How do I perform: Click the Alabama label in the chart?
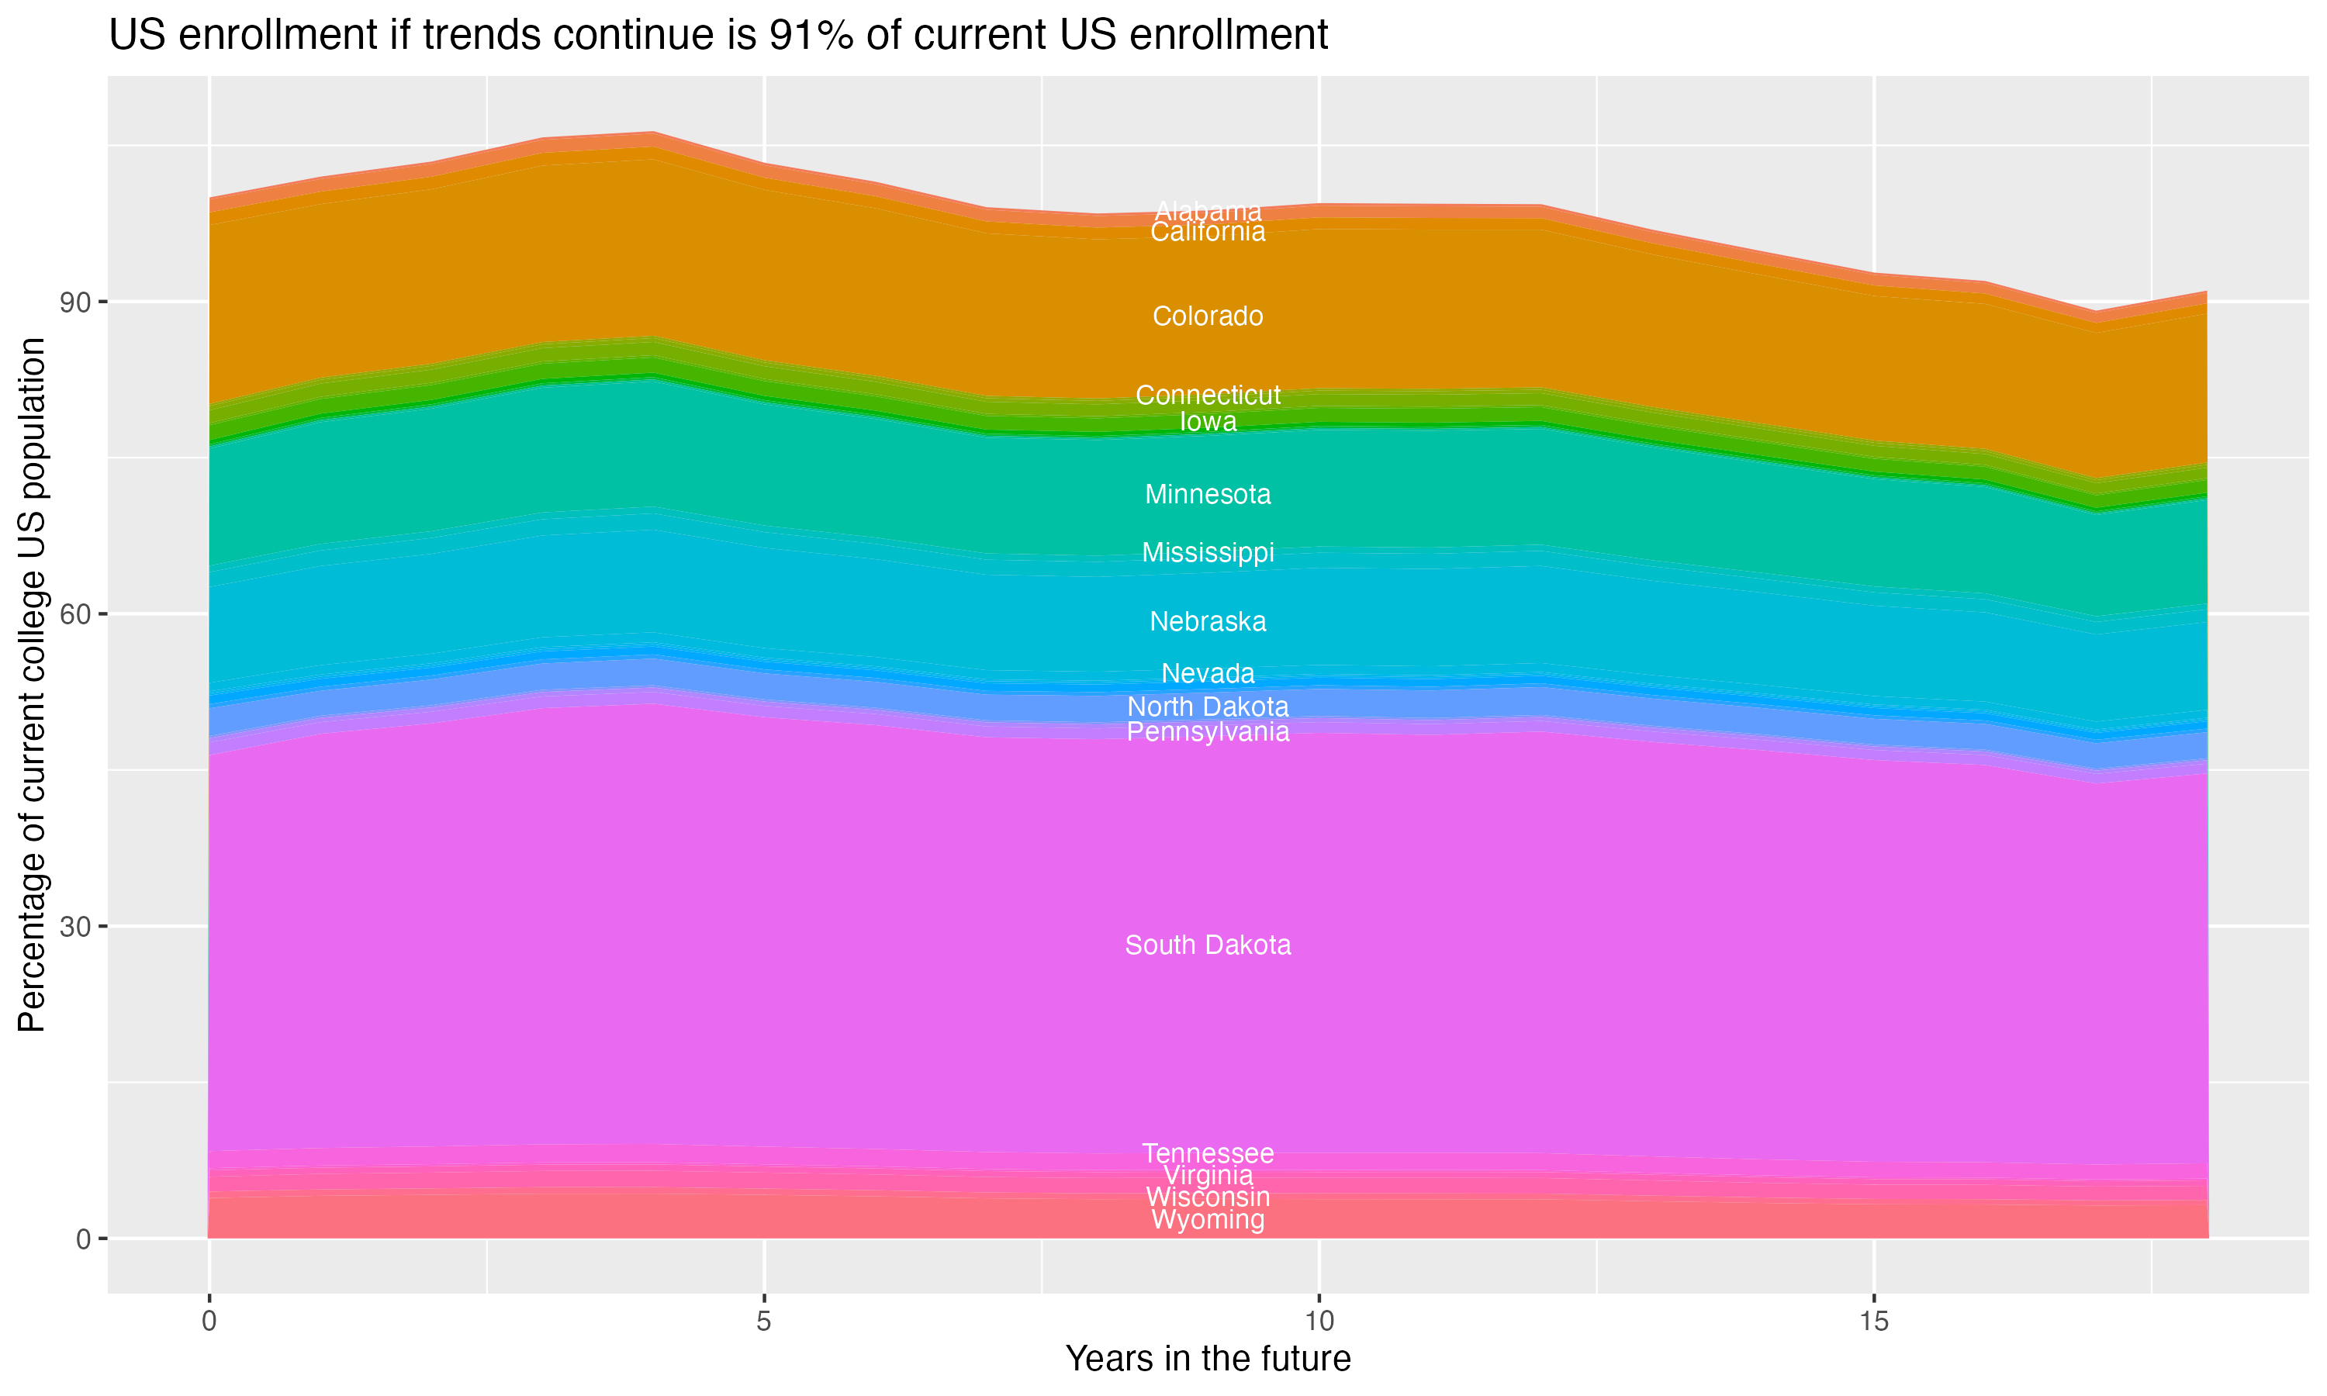point(1208,211)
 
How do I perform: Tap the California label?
point(1208,233)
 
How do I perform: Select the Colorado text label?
point(1208,316)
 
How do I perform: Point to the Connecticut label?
point(1208,395)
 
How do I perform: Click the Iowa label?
point(1208,421)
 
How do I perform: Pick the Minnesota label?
point(1208,494)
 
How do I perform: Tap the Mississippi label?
point(1208,552)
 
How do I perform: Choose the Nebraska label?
point(1208,621)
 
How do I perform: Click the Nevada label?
point(1208,673)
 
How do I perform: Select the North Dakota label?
point(1208,707)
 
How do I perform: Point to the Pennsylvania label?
point(1208,732)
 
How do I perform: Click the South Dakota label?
point(1208,945)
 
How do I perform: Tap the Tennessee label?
point(1208,1153)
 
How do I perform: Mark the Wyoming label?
point(1208,1220)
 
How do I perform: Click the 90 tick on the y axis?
point(76,302)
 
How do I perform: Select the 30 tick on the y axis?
point(76,927)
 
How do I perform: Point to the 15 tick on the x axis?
point(1874,1322)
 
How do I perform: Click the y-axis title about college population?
point(32,684)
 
